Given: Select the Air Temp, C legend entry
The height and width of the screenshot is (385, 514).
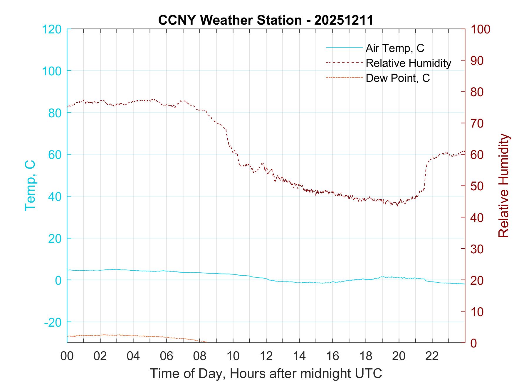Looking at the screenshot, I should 394,48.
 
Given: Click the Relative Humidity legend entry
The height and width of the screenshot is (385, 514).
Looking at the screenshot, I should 408,63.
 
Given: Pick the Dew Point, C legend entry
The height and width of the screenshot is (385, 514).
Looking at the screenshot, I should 397,78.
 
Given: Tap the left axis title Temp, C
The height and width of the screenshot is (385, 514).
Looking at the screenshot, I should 30,185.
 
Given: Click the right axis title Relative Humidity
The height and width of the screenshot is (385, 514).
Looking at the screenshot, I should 503,185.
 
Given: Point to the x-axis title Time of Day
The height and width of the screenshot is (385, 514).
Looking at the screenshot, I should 266,373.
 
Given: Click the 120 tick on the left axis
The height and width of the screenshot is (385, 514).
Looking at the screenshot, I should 52,29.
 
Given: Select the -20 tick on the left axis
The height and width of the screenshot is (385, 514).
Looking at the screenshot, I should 53,322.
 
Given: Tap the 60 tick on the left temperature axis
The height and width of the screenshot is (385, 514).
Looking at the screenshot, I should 55,155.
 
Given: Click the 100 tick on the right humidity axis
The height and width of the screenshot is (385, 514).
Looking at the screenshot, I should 480,29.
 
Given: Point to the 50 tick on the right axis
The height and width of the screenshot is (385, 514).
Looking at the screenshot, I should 477,186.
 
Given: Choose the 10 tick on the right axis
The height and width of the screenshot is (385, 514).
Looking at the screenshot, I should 477,312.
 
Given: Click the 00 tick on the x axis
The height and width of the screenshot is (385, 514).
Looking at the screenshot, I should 67,357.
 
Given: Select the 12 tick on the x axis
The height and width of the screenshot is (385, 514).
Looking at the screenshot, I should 266,357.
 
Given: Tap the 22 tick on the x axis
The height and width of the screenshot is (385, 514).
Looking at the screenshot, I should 432,357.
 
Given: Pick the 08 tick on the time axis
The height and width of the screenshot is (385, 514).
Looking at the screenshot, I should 200,357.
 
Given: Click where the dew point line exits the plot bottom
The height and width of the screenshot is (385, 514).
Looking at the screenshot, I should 206,342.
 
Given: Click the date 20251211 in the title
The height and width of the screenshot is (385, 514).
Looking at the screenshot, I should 344,20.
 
